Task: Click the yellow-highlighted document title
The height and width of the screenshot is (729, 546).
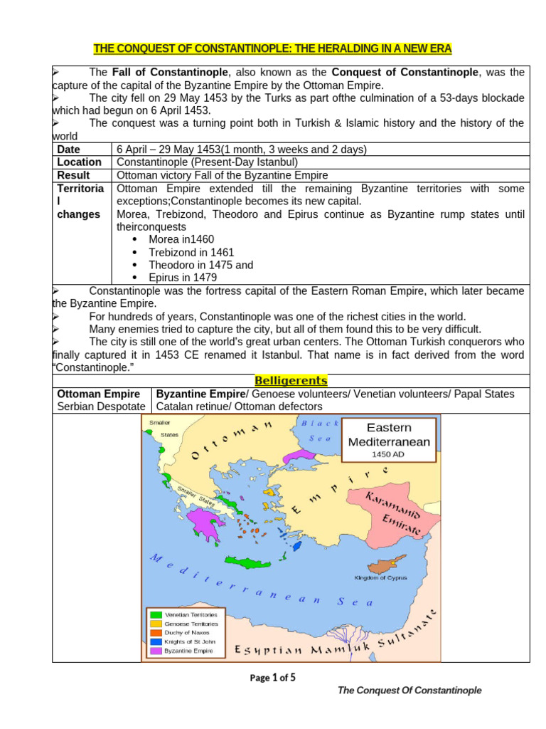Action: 273,48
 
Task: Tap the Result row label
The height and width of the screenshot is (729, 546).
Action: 73,175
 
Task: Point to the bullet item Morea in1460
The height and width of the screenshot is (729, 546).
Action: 181,239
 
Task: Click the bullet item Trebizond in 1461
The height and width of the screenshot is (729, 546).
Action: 191,252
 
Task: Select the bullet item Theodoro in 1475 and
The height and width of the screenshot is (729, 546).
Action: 200,265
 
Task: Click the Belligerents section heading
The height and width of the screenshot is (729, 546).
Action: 290,381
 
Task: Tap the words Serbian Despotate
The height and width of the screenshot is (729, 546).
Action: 101,407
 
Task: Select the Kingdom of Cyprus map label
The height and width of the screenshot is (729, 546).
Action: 380,578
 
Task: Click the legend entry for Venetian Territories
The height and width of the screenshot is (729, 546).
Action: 191,614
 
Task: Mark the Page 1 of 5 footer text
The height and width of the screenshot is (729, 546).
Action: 272,678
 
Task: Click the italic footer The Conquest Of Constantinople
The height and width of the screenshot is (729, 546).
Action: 409,691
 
